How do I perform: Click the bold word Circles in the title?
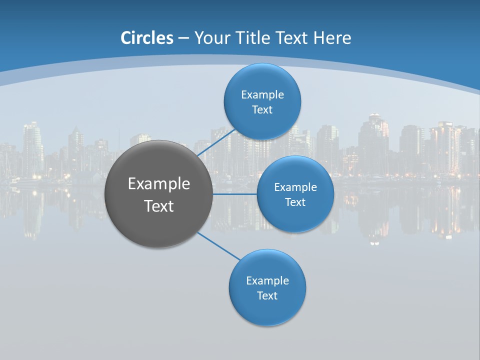click(147, 38)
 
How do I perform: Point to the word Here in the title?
click(332, 38)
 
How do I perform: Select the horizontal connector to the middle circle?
click(235, 194)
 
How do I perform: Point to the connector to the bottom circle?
click(219, 246)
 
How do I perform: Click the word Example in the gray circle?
click(159, 183)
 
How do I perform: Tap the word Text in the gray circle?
click(159, 206)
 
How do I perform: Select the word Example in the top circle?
click(262, 94)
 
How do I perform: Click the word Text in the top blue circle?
click(262, 109)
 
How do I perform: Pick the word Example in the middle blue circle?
click(295, 187)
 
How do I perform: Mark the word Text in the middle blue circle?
click(295, 202)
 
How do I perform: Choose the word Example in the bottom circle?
click(267, 280)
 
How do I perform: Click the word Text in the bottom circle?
click(267, 295)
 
